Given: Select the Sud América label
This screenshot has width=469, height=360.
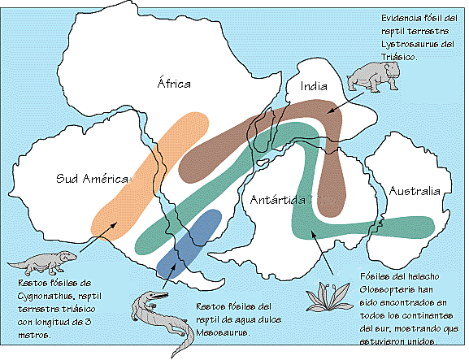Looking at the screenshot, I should [89, 179].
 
